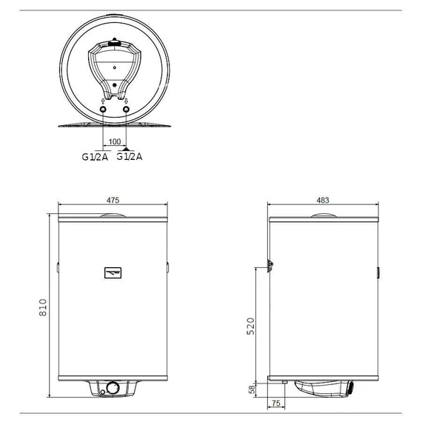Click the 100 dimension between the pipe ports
pyautogui.click(x=114, y=141)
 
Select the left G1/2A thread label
pyautogui.click(x=95, y=156)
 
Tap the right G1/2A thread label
pyautogui.click(x=131, y=156)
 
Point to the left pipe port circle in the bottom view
pyautogui.click(x=102, y=110)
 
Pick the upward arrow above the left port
pyautogui.click(x=102, y=101)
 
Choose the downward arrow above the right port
pyautogui.click(x=127, y=101)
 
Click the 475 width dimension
pyautogui.click(x=113, y=200)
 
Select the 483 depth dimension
pyautogui.click(x=323, y=200)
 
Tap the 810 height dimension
pyautogui.click(x=42, y=307)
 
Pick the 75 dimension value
pyautogui.click(x=275, y=403)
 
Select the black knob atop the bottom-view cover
pyautogui.click(x=114, y=44)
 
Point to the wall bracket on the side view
pyautogui.click(x=271, y=264)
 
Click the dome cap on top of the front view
pyautogui.click(x=113, y=215)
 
